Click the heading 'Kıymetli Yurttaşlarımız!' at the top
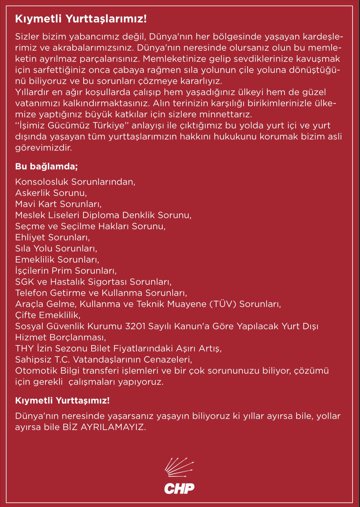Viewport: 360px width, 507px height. pyautogui.click(x=81, y=19)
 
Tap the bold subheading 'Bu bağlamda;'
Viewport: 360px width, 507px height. pyautogui.click(x=46, y=167)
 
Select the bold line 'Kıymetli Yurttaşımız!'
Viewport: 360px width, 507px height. pyautogui.click(x=62, y=400)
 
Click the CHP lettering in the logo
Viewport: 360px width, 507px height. pyautogui.click(x=179, y=488)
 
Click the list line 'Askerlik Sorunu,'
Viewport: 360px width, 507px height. pyautogui.click(x=51, y=193)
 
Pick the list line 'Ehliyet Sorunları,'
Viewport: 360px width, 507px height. pyautogui.click(x=52, y=237)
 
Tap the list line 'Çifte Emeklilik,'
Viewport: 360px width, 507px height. pyautogui.click(x=48, y=315)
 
